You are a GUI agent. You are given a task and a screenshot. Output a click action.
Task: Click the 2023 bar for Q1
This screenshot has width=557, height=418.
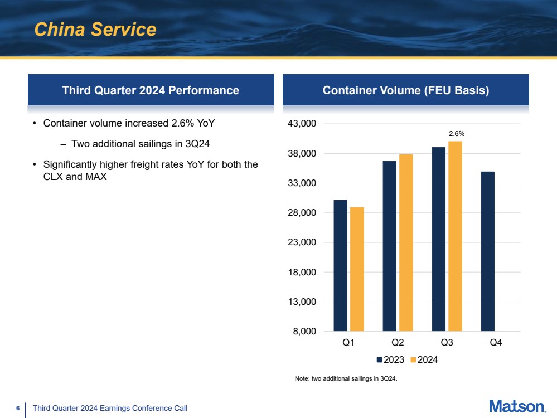[340, 266]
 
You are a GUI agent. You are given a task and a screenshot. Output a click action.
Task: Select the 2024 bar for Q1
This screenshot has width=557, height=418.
[357, 269]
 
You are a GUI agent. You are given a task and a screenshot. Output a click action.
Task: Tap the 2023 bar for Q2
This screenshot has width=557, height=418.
[389, 246]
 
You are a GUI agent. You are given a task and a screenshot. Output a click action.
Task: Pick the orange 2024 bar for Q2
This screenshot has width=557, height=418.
[406, 243]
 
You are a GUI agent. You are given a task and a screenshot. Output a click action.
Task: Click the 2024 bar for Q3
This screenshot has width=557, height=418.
[455, 236]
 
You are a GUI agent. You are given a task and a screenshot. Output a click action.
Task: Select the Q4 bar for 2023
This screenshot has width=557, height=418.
[488, 251]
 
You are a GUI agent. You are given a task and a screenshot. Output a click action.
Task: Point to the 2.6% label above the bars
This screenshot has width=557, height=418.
[457, 134]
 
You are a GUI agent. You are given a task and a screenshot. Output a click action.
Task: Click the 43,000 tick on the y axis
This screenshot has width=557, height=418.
[302, 124]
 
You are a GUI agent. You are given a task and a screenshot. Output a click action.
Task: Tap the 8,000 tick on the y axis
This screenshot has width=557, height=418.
[304, 332]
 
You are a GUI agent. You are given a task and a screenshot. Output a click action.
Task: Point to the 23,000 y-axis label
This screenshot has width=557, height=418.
[302, 242]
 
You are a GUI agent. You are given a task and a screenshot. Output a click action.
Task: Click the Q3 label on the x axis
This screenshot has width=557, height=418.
[447, 342]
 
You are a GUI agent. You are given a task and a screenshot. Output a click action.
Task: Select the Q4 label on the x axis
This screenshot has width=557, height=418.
[496, 342]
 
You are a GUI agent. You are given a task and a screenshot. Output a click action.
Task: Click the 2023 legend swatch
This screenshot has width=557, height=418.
[379, 359]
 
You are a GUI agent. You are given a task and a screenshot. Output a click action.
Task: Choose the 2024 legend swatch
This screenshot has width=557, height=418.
[413, 359]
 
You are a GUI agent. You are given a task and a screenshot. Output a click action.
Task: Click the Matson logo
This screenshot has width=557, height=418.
[517, 406]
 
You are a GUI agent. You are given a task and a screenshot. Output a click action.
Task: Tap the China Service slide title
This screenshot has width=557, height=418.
[95, 29]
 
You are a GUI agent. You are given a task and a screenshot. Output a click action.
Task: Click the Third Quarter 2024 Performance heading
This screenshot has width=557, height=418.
[151, 90]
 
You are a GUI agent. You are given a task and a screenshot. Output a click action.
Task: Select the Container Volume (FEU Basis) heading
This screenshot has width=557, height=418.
[406, 90]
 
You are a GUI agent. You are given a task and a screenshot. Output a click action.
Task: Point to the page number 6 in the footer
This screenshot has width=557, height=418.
[18, 408]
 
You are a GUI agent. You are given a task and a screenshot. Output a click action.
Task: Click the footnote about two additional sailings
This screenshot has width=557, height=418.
[346, 378]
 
